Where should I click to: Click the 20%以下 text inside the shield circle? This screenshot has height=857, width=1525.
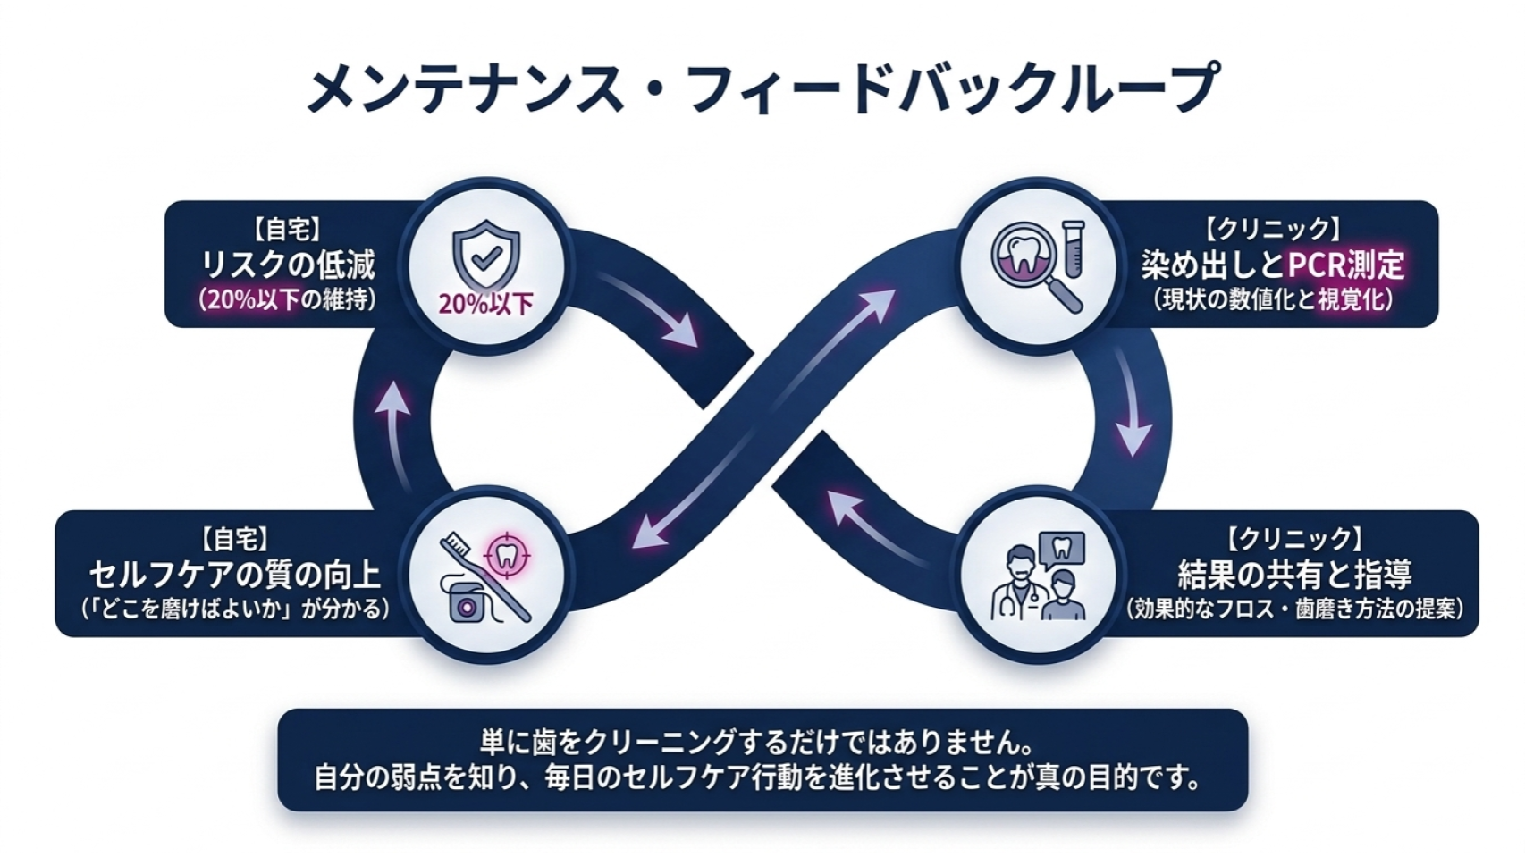486,304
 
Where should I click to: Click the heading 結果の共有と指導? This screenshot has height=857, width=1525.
1294,574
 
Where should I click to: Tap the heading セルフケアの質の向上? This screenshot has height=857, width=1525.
236,575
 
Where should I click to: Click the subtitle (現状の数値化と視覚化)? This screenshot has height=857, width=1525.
1272,300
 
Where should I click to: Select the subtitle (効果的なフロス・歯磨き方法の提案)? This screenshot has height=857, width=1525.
1294,608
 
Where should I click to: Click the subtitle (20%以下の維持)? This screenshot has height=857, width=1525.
288,300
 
